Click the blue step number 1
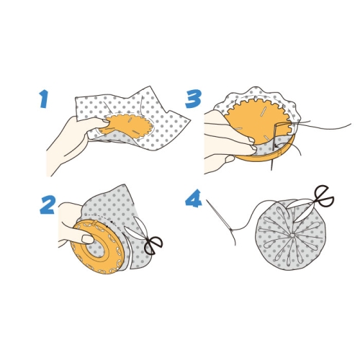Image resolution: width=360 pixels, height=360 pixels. [x=45, y=99]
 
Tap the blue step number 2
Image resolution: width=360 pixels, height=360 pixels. [x=48, y=204]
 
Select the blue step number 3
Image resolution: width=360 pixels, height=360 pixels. [x=193, y=99]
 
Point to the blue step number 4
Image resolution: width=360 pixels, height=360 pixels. [x=194, y=198]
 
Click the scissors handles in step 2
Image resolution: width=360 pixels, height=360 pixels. [x=154, y=245]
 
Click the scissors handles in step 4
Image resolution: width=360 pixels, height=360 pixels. [x=325, y=196]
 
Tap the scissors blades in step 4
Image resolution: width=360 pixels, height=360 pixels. [x=300, y=210]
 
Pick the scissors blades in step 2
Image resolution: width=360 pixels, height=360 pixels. [x=135, y=229]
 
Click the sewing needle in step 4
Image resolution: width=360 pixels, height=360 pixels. [x=219, y=215]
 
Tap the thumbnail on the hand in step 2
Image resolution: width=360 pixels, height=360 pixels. [x=87, y=239]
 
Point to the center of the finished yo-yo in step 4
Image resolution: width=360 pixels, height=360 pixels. [x=292, y=235]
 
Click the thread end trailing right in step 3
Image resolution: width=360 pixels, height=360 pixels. [x=326, y=127]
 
